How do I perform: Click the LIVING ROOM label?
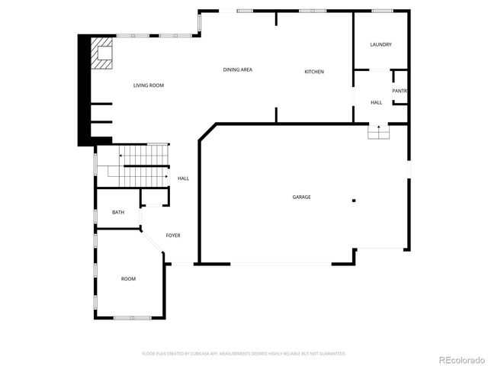(149, 85)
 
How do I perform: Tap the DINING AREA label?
(238, 70)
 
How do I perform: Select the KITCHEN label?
(314, 72)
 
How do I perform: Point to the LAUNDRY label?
(380, 45)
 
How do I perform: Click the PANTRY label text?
(400, 91)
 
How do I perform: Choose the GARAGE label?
(301, 197)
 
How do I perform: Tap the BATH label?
(118, 213)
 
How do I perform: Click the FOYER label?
(173, 236)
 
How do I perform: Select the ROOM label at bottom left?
(128, 279)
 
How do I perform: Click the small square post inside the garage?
(354, 201)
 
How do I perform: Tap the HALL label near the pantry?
(377, 102)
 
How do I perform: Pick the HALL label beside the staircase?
(183, 178)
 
